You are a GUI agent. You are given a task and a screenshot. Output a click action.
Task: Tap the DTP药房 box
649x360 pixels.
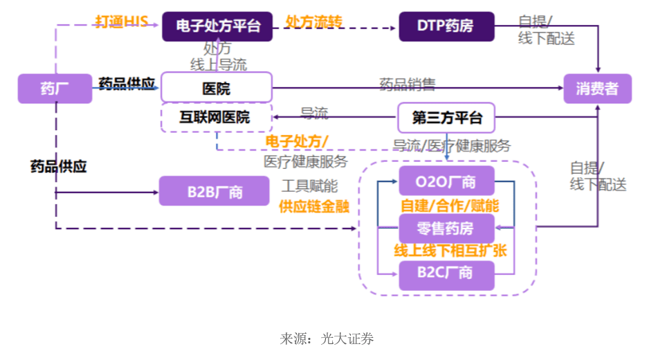click(x=446, y=26)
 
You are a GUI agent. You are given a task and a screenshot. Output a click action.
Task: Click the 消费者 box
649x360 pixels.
click(x=597, y=89)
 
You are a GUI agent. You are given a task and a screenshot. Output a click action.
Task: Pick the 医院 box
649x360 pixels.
click(x=217, y=89)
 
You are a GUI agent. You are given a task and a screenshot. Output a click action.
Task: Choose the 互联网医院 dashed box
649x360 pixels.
click(x=217, y=117)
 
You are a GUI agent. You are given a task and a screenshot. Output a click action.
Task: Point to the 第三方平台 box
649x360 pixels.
click(x=446, y=117)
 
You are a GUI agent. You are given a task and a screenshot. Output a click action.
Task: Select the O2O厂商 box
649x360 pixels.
click(x=446, y=181)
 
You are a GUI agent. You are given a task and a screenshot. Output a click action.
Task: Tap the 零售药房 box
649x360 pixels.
click(x=446, y=228)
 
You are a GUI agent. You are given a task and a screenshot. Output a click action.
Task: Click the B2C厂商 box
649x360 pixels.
click(x=446, y=274)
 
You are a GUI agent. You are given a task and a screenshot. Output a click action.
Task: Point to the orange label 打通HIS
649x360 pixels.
click(x=121, y=21)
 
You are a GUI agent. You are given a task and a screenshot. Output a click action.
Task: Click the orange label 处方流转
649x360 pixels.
click(x=313, y=21)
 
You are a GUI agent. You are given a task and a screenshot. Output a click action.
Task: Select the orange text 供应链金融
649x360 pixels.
click(x=314, y=206)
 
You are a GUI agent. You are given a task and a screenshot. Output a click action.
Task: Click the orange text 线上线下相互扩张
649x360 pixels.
click(x=450, y=251)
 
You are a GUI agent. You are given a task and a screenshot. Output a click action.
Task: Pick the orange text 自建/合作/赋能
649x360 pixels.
click(x=450, y=206)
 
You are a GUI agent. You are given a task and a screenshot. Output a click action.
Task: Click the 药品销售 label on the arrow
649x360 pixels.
click(x=408, y=84)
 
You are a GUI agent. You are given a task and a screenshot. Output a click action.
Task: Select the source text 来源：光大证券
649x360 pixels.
click(x=327, y=339)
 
